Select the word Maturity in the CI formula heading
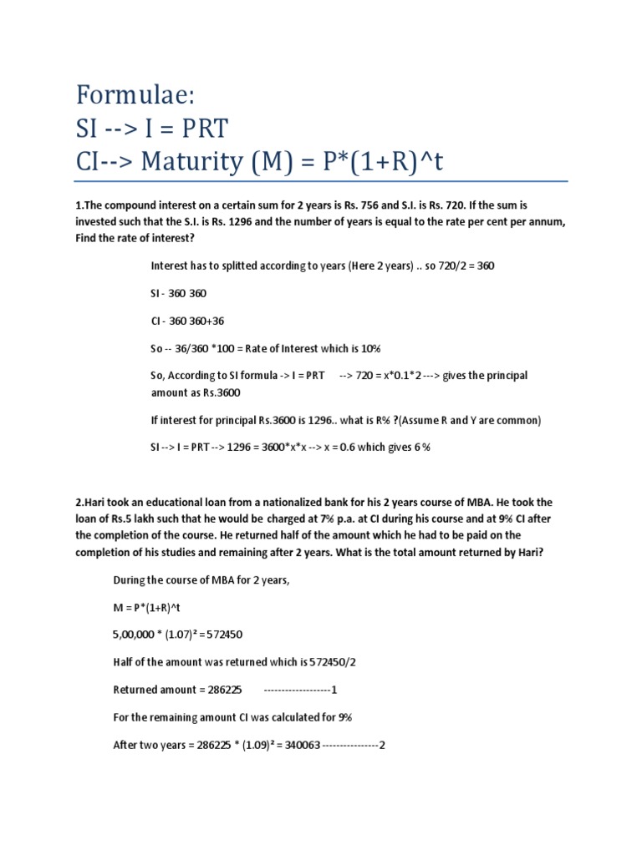tap(204, 162)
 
